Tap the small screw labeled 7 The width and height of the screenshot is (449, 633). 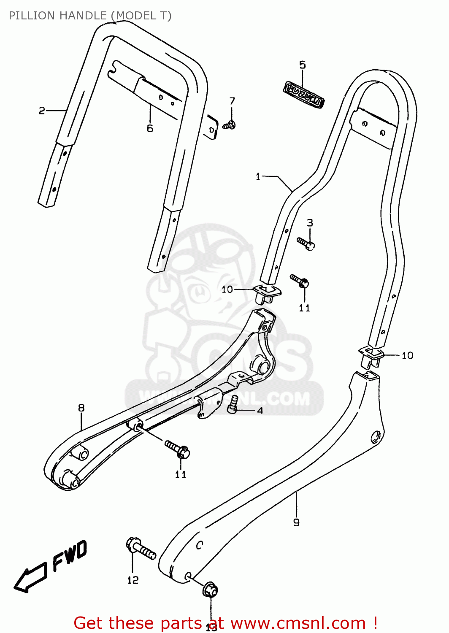point(229,125)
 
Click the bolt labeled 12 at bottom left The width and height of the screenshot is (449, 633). point(140,548)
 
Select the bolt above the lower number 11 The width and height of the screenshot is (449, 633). point(178,449)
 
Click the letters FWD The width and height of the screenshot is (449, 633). point(70,556)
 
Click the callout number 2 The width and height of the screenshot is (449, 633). point(42,111)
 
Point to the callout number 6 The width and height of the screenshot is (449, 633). point(150,129)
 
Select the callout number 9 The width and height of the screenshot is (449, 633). point(296,522)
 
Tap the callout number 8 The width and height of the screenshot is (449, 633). point(81,408)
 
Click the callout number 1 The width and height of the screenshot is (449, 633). point(258,176)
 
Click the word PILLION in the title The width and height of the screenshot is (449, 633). point(32,16)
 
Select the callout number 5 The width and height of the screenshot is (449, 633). point(303,65)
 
